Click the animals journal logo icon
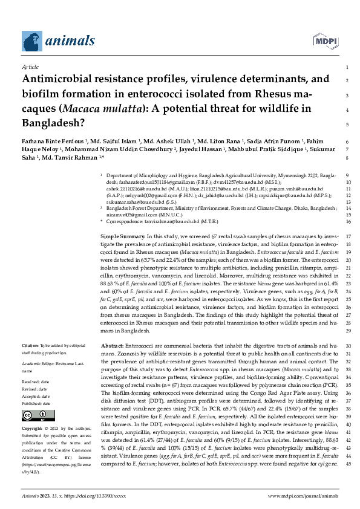click(30, 41)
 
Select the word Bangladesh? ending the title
click(53, 124)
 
